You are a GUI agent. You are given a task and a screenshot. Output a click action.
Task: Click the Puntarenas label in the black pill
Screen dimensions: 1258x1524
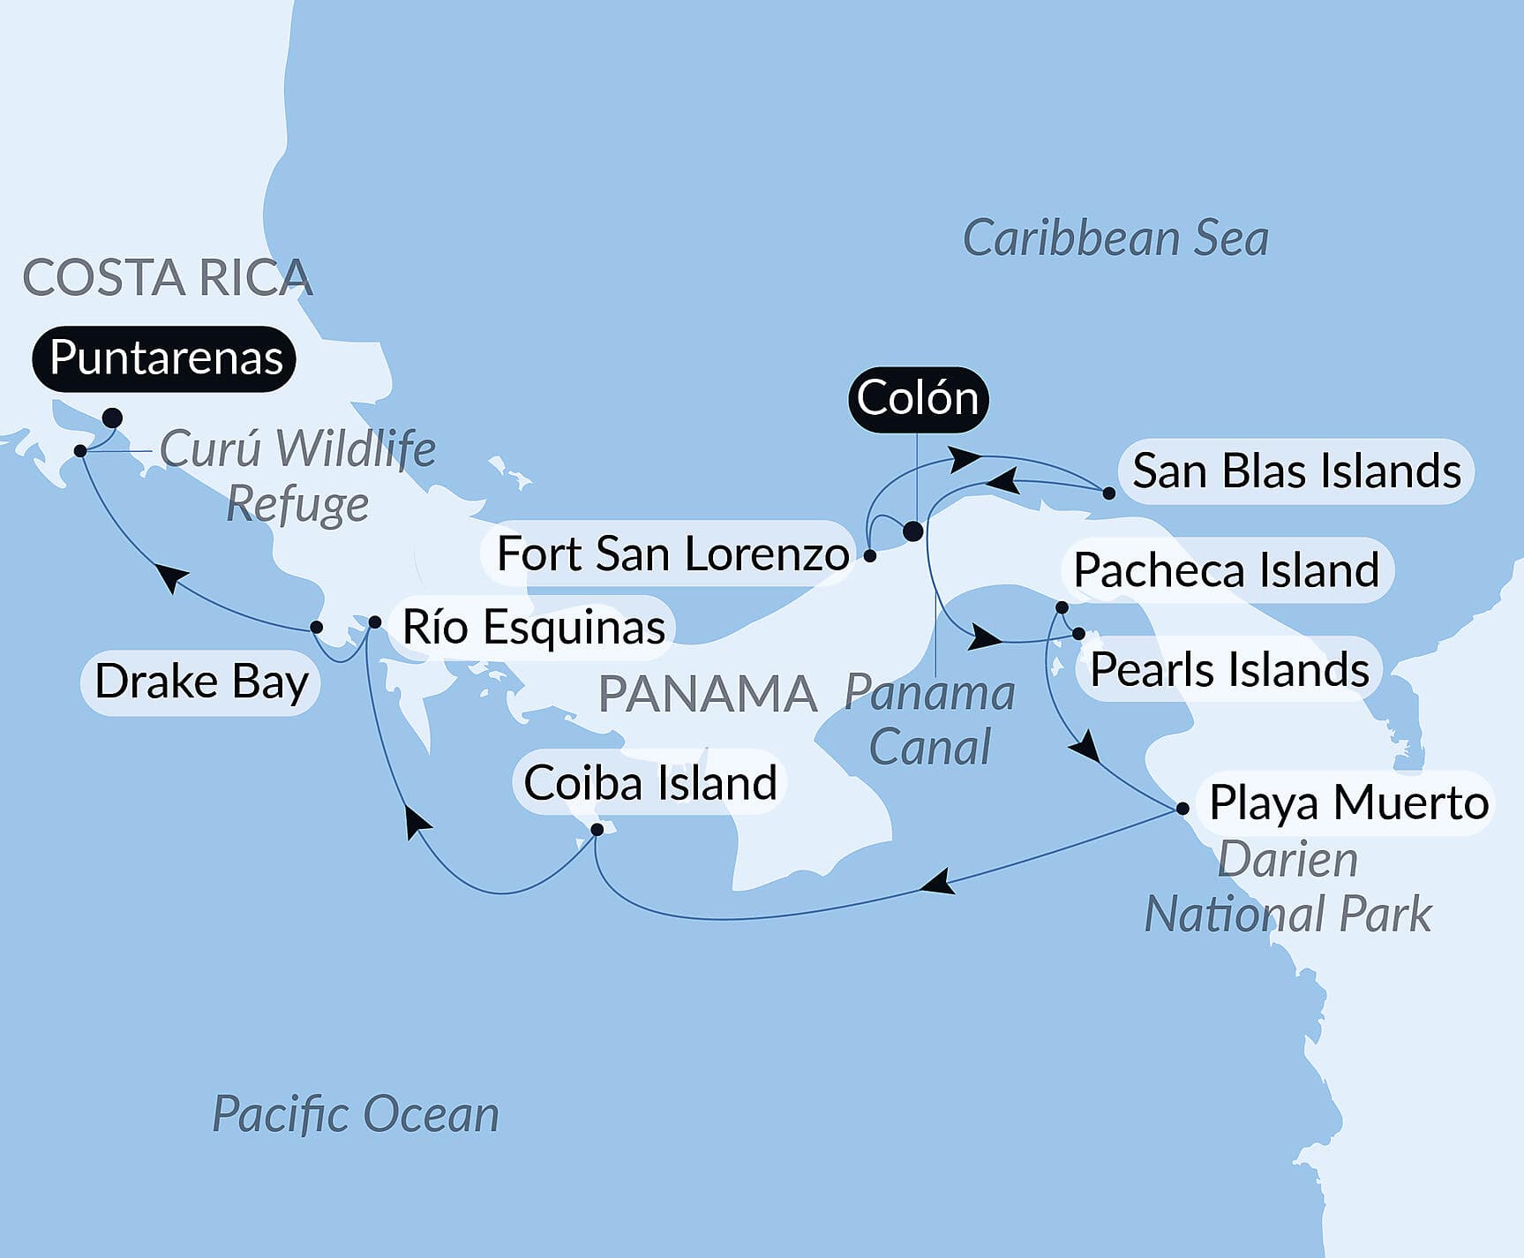pyautogui.click(x=164, y=358)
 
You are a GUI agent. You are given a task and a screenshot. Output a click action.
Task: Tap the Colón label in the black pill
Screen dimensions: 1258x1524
pyautogui.click(x=918, y=399)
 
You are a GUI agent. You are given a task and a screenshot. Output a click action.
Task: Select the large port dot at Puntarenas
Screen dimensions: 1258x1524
pyautogui.click(x=112, y=418)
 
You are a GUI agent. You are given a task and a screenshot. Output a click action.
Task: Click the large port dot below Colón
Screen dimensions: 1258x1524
pyautogui.click(x=913, y=531)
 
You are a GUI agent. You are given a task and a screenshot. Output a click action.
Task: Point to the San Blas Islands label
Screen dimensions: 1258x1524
pyautogui.click(x=1295, y=471)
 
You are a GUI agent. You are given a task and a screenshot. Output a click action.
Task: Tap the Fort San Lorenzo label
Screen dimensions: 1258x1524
pyautogui.click(x=672, y=554)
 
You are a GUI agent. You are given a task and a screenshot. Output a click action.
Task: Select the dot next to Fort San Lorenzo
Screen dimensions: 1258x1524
pyautogui.click(x=870, y=556)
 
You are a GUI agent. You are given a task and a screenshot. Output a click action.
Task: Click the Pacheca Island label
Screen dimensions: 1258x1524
pyautogui.click(x=1226, y=570)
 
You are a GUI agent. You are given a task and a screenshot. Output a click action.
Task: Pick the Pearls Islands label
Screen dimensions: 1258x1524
pyautogui.click(x=1229, y=669)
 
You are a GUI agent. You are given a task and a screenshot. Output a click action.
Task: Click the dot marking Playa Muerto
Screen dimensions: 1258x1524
pyautogui.click(x=1182, y=808)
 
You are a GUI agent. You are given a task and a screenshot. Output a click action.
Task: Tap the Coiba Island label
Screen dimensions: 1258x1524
pyautogui.click(x=650, y=783)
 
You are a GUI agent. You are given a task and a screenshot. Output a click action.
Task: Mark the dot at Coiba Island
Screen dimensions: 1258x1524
pyautogui.click(x=597, y=830)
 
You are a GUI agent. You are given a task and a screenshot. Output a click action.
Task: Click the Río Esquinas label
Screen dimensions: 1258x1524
pyautogui.click(x=533, y=628)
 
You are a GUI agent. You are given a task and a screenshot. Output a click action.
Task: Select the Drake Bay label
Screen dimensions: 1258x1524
pyautogui.click(x=201, y=682)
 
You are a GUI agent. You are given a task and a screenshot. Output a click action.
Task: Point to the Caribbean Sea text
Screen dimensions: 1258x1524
pyautogui.click(x=1115, y=238)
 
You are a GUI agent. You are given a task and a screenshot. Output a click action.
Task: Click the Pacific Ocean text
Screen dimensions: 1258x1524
pyautogui.click(x=356, y=1114)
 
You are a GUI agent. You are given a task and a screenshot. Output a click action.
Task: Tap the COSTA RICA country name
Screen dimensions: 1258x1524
pyautogui.click(x=167, y=278)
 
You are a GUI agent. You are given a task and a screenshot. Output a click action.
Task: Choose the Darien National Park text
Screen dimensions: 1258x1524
pyautogui.click(x=1288, y=887)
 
